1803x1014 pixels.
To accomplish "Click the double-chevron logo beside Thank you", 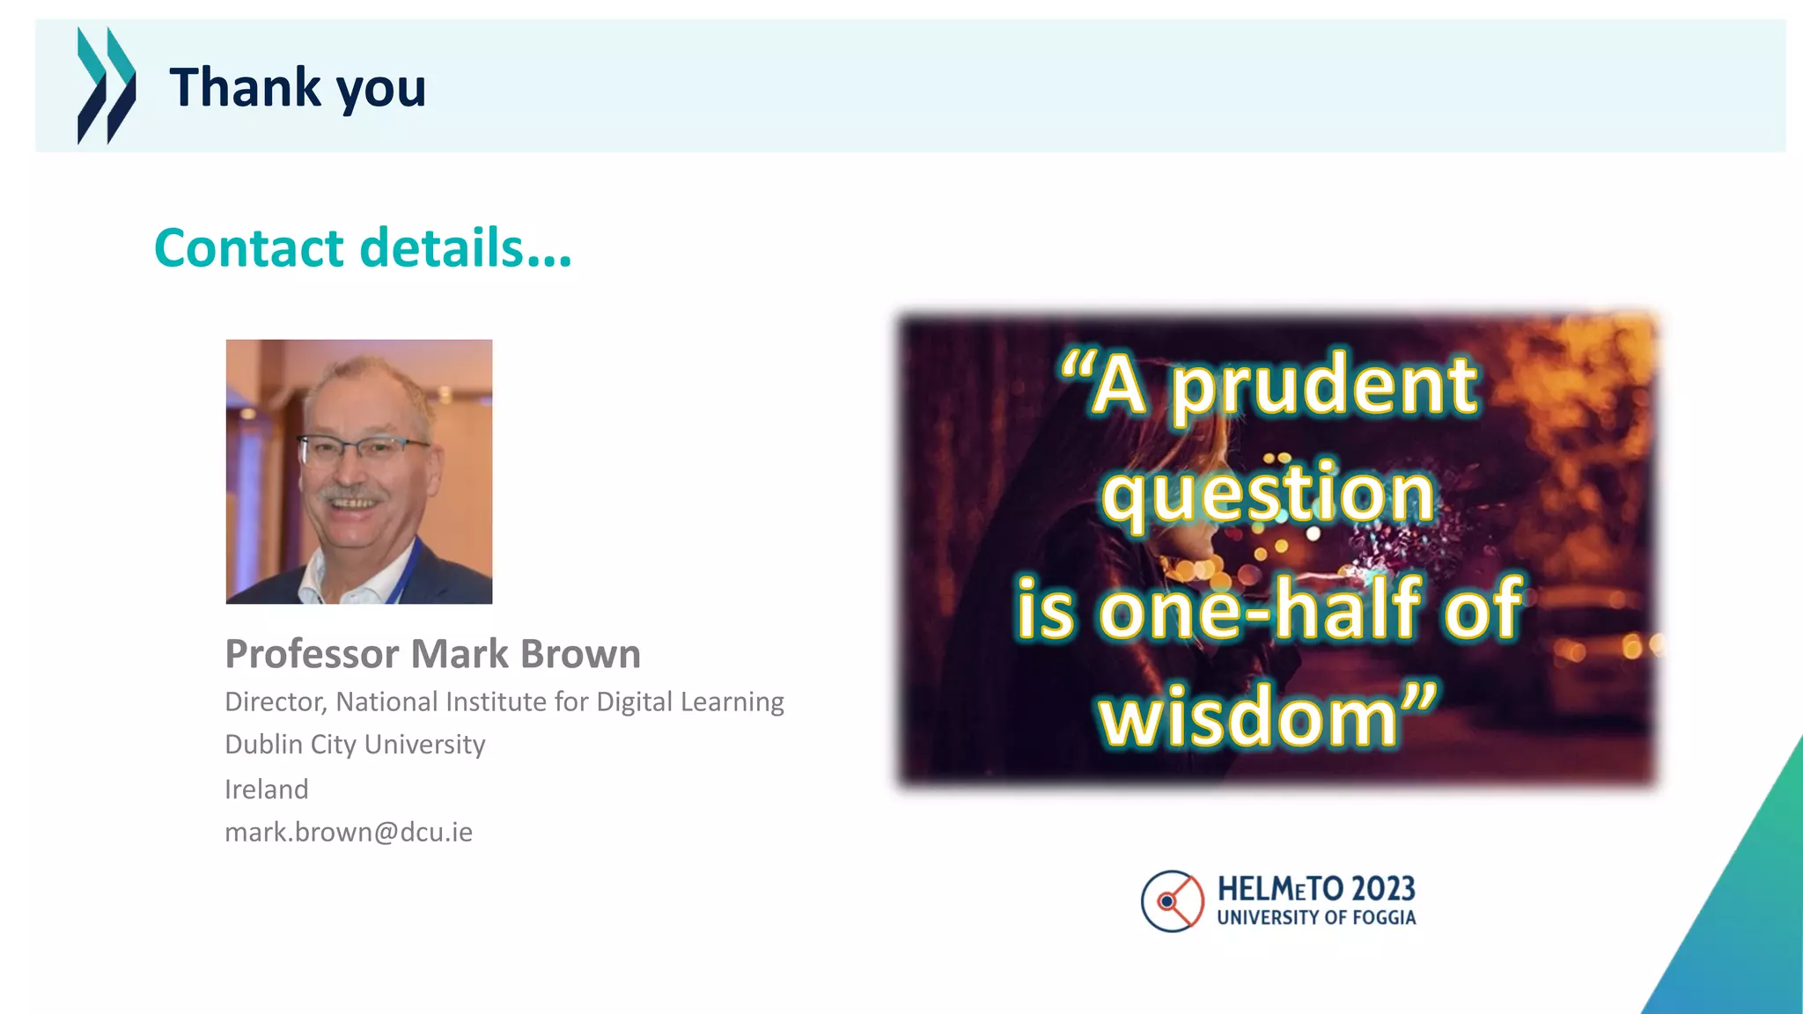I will (x=107, y=85).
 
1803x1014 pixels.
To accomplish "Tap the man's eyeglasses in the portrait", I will (x=363, y=451).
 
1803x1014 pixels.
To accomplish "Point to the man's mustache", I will (x=350, y=494).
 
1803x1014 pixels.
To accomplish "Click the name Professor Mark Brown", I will (x=432, y=654).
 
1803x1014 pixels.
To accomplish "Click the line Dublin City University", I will (x=355, y=745).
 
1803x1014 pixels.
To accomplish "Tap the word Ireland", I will (x=266, y=789).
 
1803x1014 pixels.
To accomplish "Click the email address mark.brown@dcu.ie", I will (x=349, y=832).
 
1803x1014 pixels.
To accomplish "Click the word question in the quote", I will (x=1268, y=495).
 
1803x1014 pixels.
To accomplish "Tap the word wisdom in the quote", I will (x=1248, y=717).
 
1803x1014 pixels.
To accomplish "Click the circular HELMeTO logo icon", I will (x=1172, y=901).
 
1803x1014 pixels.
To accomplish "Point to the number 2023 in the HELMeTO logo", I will (x=1380, y=889).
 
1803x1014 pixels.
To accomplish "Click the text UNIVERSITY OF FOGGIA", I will (x=1316, y=917).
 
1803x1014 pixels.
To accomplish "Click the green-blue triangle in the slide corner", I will (x=1743, y=924).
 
